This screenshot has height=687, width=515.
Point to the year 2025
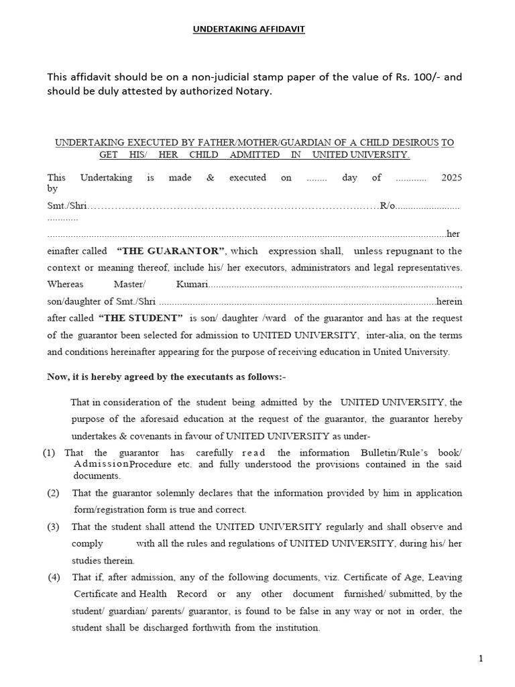click(x=451, y=178)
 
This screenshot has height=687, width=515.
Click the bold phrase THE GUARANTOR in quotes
click(x=171, y=251)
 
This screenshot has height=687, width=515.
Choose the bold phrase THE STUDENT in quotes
click(x=141, y=318)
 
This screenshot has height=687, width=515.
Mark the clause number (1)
click(x=49, y=453)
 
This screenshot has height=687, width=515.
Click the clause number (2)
click(x=54, y=493)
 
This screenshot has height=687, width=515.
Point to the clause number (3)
click(x=54, y=527)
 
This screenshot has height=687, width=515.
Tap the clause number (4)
click(x=54, y=577)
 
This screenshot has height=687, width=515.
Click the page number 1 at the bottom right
click(x=481, y=659)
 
